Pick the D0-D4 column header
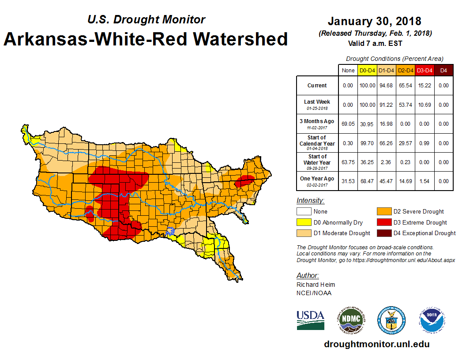(367, 70)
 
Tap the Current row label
(317, 86)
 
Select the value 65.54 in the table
(406, 86)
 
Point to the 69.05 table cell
(348, 124)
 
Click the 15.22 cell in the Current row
(425, 86)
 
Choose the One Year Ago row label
(317, 178)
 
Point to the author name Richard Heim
(315, 285)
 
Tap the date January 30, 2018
(374, 21)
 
